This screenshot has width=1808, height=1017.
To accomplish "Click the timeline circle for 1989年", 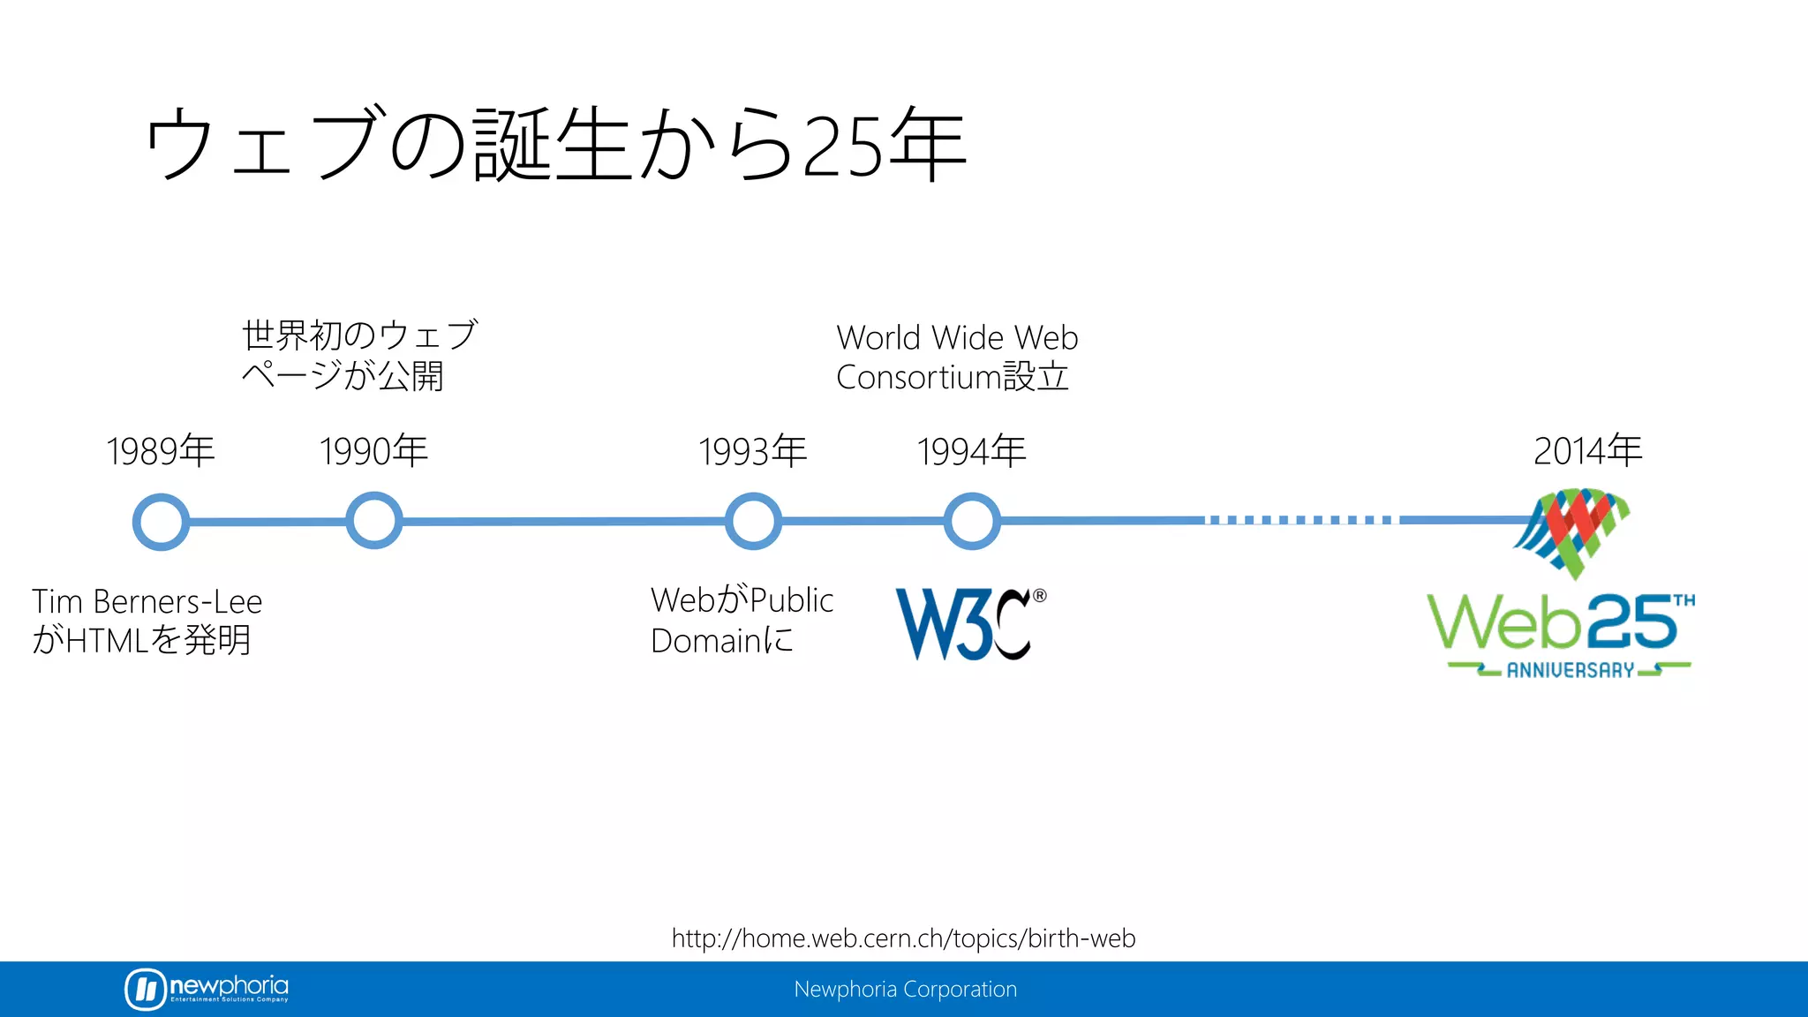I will pos(161,522).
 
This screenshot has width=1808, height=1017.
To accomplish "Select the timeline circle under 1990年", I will pos(374,521).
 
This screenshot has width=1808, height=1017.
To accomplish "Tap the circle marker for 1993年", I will pos(753,521).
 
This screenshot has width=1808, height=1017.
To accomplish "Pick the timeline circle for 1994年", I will pos(972,521).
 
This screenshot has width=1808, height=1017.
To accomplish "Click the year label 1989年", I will pos(161,451).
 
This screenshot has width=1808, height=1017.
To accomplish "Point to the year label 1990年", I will pos(374,451).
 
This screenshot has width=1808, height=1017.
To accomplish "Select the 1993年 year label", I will pos(753,451).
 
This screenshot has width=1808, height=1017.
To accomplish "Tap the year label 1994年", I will pos(972,451).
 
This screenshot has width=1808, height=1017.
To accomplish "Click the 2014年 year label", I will pos(1587,451).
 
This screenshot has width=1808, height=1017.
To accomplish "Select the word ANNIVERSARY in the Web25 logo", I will pos(1570,671).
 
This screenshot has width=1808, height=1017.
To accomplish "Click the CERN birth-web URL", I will pos(903,938).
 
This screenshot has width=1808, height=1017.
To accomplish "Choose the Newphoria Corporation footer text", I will pos(905,990).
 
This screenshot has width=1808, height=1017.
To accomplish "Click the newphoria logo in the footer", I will pos(207,989).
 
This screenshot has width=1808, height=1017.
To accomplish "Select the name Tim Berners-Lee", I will pos(147,602).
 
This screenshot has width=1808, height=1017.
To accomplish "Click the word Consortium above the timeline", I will pos(918,378).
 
